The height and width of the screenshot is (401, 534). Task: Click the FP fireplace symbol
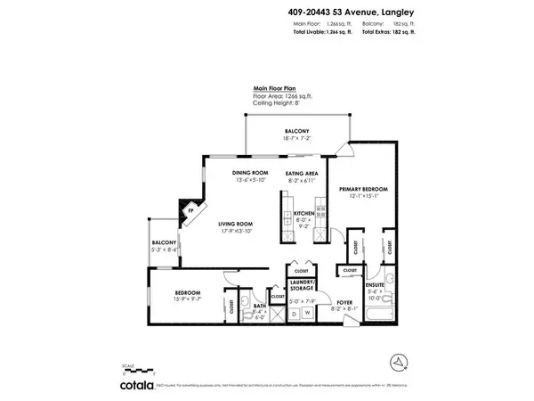[x=190, y=213]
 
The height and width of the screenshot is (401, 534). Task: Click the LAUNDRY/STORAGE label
[x=301, y=284]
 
